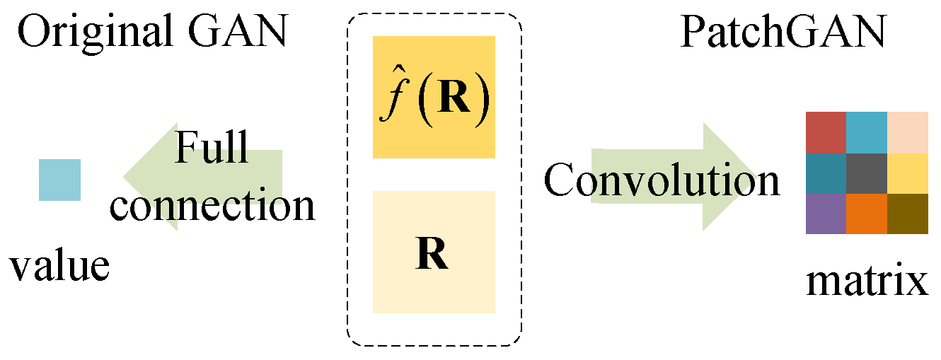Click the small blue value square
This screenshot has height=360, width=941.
click(59, 180)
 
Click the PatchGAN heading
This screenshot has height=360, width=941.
click(783, 33)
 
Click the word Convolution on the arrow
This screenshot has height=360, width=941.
click(662, 180)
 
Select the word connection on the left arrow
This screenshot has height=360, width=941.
click(213, 205)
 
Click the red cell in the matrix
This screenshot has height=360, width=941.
click(826, 132)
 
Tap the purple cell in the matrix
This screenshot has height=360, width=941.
click(826, 213)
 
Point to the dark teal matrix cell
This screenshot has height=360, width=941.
click(826, 173)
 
